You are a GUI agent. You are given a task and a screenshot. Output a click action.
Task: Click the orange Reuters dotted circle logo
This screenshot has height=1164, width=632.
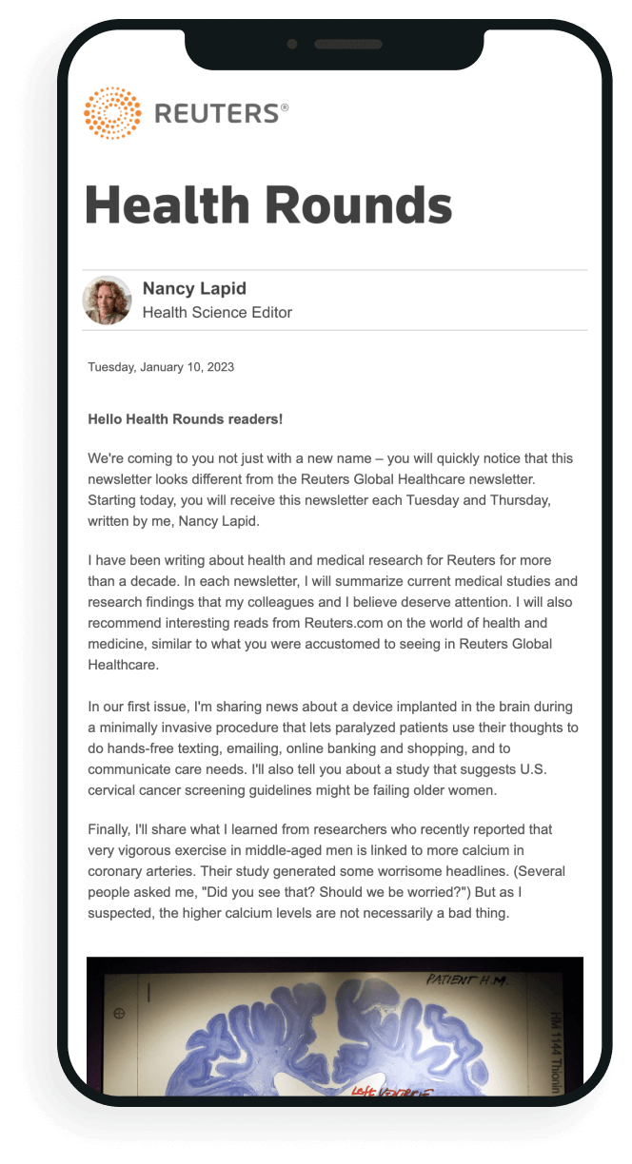[x=112, y=113]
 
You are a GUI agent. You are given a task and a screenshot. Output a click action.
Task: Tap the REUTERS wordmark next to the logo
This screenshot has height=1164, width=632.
[x=216, y=114]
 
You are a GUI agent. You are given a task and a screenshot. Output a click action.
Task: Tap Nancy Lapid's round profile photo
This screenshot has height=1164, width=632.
[x=108, y=301]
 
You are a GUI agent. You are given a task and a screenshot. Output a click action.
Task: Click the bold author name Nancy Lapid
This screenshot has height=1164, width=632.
[x=193, y=289]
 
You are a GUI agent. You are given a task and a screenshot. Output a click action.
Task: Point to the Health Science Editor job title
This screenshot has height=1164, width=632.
[x=217, y=313]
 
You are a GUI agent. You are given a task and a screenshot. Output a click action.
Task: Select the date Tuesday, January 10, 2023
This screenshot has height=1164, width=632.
[x=161, y=367]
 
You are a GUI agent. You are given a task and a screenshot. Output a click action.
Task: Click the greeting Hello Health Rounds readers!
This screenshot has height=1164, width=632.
[x=185, y=418]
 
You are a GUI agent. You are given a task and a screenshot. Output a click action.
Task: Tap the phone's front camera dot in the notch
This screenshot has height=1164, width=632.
[x=291, y=44]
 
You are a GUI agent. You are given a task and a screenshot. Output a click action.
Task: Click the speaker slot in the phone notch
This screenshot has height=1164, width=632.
[x=347, y=44]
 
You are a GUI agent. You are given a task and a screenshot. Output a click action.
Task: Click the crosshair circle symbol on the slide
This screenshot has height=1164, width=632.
[x=119, y=1014]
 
